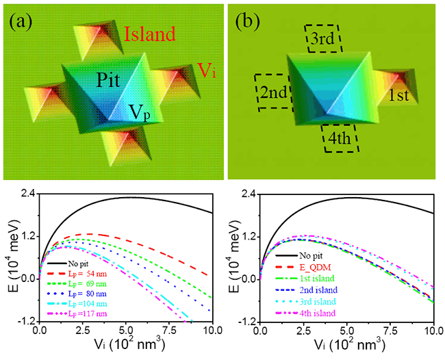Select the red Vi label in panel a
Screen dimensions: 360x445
[x=208, y=68]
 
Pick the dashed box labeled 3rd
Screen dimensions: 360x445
[x=323, y=38]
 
